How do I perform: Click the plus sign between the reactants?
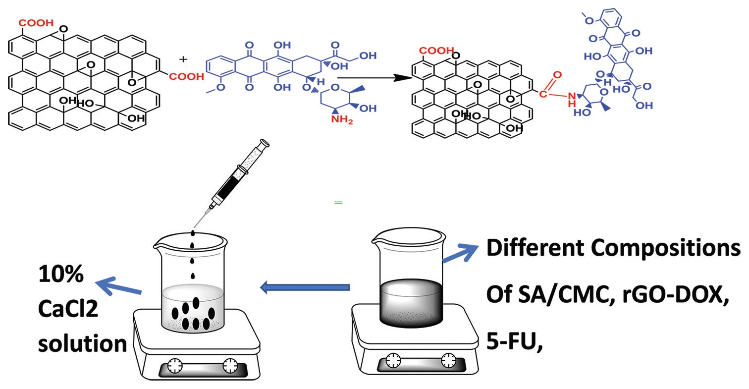point(184,59)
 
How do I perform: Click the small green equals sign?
point(338,203)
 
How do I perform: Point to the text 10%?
point(61,275)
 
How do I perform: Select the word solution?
point(82,343)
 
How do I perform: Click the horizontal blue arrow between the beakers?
point(305,287)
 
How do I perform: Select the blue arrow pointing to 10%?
point(119,286)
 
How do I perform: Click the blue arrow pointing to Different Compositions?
point(462,251)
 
